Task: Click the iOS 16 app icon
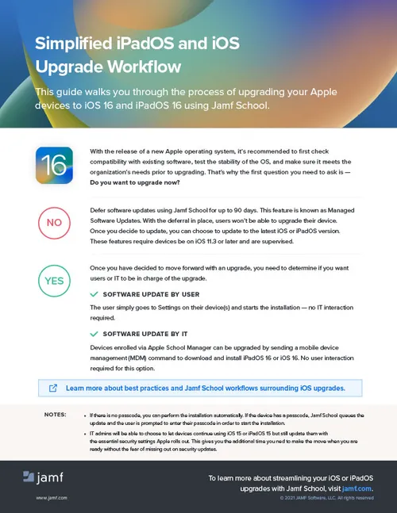[x=54, y=166]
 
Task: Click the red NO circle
[x=54, y=223]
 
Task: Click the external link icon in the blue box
[x=53, y=389]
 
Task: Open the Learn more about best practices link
[x=205, y=389]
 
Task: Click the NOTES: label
[x=56, y=415]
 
